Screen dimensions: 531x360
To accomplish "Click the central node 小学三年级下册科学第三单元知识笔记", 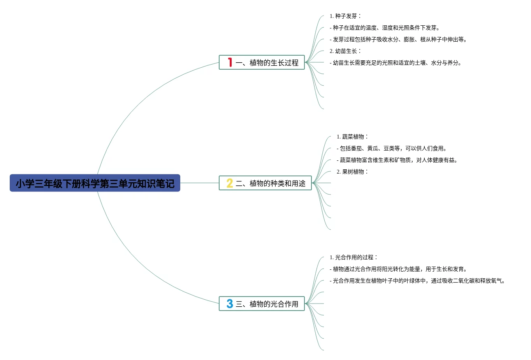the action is coord(95,183).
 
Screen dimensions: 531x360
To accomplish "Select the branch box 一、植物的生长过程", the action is coord(262,62).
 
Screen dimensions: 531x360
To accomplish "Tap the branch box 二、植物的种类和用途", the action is coord(265,183).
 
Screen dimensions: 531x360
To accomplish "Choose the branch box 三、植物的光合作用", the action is coord(262,304).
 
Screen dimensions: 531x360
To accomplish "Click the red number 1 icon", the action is coord(230,62).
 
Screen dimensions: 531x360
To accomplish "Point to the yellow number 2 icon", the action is coord(230,183).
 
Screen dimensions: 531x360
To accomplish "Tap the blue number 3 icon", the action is coord(230,304).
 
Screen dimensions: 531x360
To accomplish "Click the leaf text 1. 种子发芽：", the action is coord(346,16).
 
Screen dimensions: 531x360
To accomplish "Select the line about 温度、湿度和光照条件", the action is coord(385,28).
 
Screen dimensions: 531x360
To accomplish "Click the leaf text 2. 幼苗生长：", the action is coord(346,51).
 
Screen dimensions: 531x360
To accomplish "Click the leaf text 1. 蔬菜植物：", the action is coord(353,137).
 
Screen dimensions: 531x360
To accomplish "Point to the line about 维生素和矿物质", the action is coord(397,160).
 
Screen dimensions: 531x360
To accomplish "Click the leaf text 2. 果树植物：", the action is coord(353,172).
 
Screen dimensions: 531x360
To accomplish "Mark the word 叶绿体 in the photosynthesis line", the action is coord(412,281).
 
